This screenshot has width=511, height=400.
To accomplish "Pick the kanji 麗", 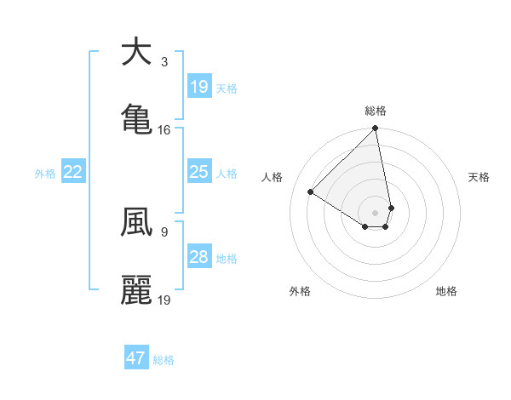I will [x=136, y=289].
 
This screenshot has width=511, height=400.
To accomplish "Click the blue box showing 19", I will [x=198, y=86].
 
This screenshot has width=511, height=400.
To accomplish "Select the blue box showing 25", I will [x=198, y=172].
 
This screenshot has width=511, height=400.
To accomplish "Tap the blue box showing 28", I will [x=198, y=257].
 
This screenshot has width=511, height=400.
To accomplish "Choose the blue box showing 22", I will [x=73, y=172].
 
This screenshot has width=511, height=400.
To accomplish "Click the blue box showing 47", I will [x=135, y=358].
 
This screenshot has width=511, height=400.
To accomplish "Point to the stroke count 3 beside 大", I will [x=164, y=62].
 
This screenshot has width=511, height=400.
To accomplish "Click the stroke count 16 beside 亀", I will [x=164, y=130].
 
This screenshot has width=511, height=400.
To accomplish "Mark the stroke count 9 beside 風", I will [x=164, y=231].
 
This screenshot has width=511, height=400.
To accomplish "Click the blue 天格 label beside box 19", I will [x=227, y=88].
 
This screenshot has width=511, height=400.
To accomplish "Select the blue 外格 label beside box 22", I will [x=45, y=174].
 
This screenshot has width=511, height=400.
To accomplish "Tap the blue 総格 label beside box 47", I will [x=164, y=360].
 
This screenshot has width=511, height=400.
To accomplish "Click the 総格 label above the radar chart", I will [x=376, y=111].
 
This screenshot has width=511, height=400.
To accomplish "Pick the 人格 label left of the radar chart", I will [x=273, y=177].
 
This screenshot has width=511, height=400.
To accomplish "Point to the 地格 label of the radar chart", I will [x=446, y=291].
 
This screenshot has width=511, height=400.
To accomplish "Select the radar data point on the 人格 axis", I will [x=311, y=192].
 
